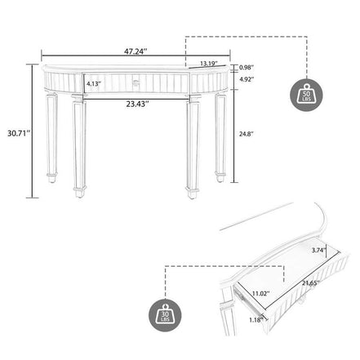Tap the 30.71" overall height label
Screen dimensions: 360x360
pos(15,131)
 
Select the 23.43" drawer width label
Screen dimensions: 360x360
pos(136,104)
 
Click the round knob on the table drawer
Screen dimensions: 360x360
pos(136,82)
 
